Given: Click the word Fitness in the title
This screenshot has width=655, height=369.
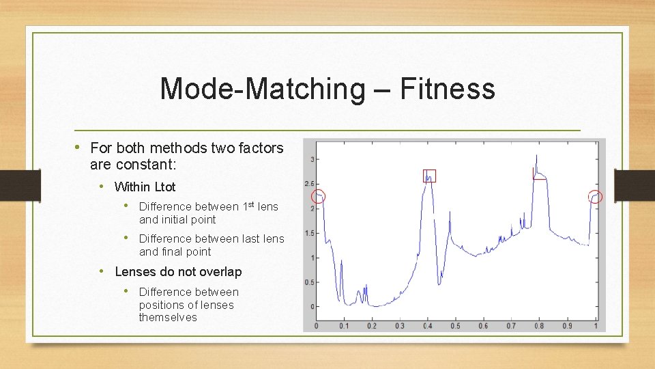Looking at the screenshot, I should [448, 89].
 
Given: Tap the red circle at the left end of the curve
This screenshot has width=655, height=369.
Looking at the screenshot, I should [319, 197].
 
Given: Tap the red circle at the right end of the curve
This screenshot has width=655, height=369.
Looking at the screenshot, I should [596, 197].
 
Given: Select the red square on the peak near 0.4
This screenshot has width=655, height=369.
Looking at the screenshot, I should [429, 176].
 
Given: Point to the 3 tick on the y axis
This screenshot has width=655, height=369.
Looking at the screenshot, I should [312, 159].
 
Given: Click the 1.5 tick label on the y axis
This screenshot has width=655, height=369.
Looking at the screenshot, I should [310, 233].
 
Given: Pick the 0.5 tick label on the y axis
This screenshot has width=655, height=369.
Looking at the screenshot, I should [310, 282].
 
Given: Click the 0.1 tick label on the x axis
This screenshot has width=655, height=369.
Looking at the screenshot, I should [343, 326].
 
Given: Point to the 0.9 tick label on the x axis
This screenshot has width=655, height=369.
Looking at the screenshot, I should [568, 326].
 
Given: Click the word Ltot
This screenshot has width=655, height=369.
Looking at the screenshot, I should [165, 187].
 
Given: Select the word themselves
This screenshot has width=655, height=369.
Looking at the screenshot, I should [168, 318].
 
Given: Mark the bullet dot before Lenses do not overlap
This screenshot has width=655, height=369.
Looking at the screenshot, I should [100, 271].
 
